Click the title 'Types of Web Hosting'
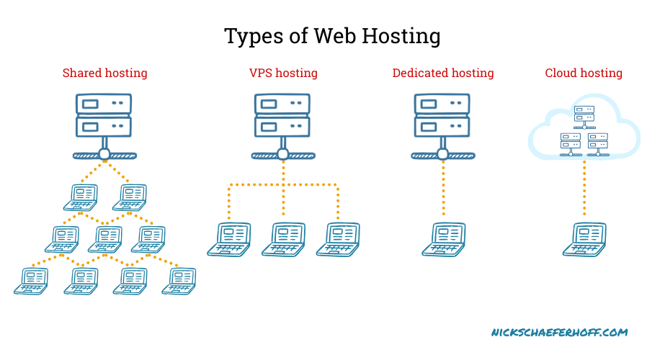(x=332, y=36)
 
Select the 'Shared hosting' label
(x=104, y=73)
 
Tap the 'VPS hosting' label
(x=283, y=73)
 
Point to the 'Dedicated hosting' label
(x=443, y=73)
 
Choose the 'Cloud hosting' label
(x=584, y=73)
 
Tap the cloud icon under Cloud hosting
(x=584, y=130)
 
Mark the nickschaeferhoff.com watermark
(x=559, y=333)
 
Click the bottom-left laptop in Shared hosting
(x=31, y=280)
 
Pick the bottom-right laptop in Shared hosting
(x=179, y=280)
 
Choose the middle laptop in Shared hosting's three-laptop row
(x=105, y=238)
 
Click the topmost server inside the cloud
(x=584, y=112)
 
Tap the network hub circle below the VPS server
(x=283, y=155)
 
